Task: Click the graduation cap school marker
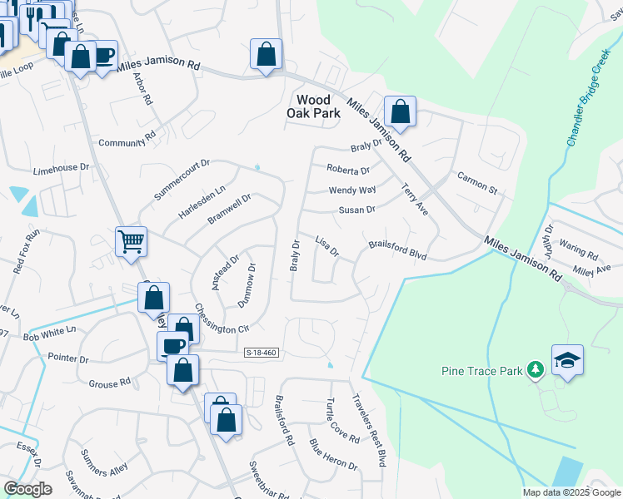(x=567, y=360)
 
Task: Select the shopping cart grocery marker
(x=132, y=241)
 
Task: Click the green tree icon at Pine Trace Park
(x=537, y=368)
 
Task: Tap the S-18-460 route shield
(x=260, y=353)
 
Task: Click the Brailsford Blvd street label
(x=397, y=250)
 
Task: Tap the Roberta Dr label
(x=347, y=170)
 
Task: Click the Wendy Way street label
(x=352, y=190)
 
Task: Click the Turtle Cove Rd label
(x=343, y=421)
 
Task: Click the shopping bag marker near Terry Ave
(x=400, y=111)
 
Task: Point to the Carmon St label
(x=476, y=184)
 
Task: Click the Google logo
(x=27, y=489)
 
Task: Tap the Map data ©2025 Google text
(x=571, y=492)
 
